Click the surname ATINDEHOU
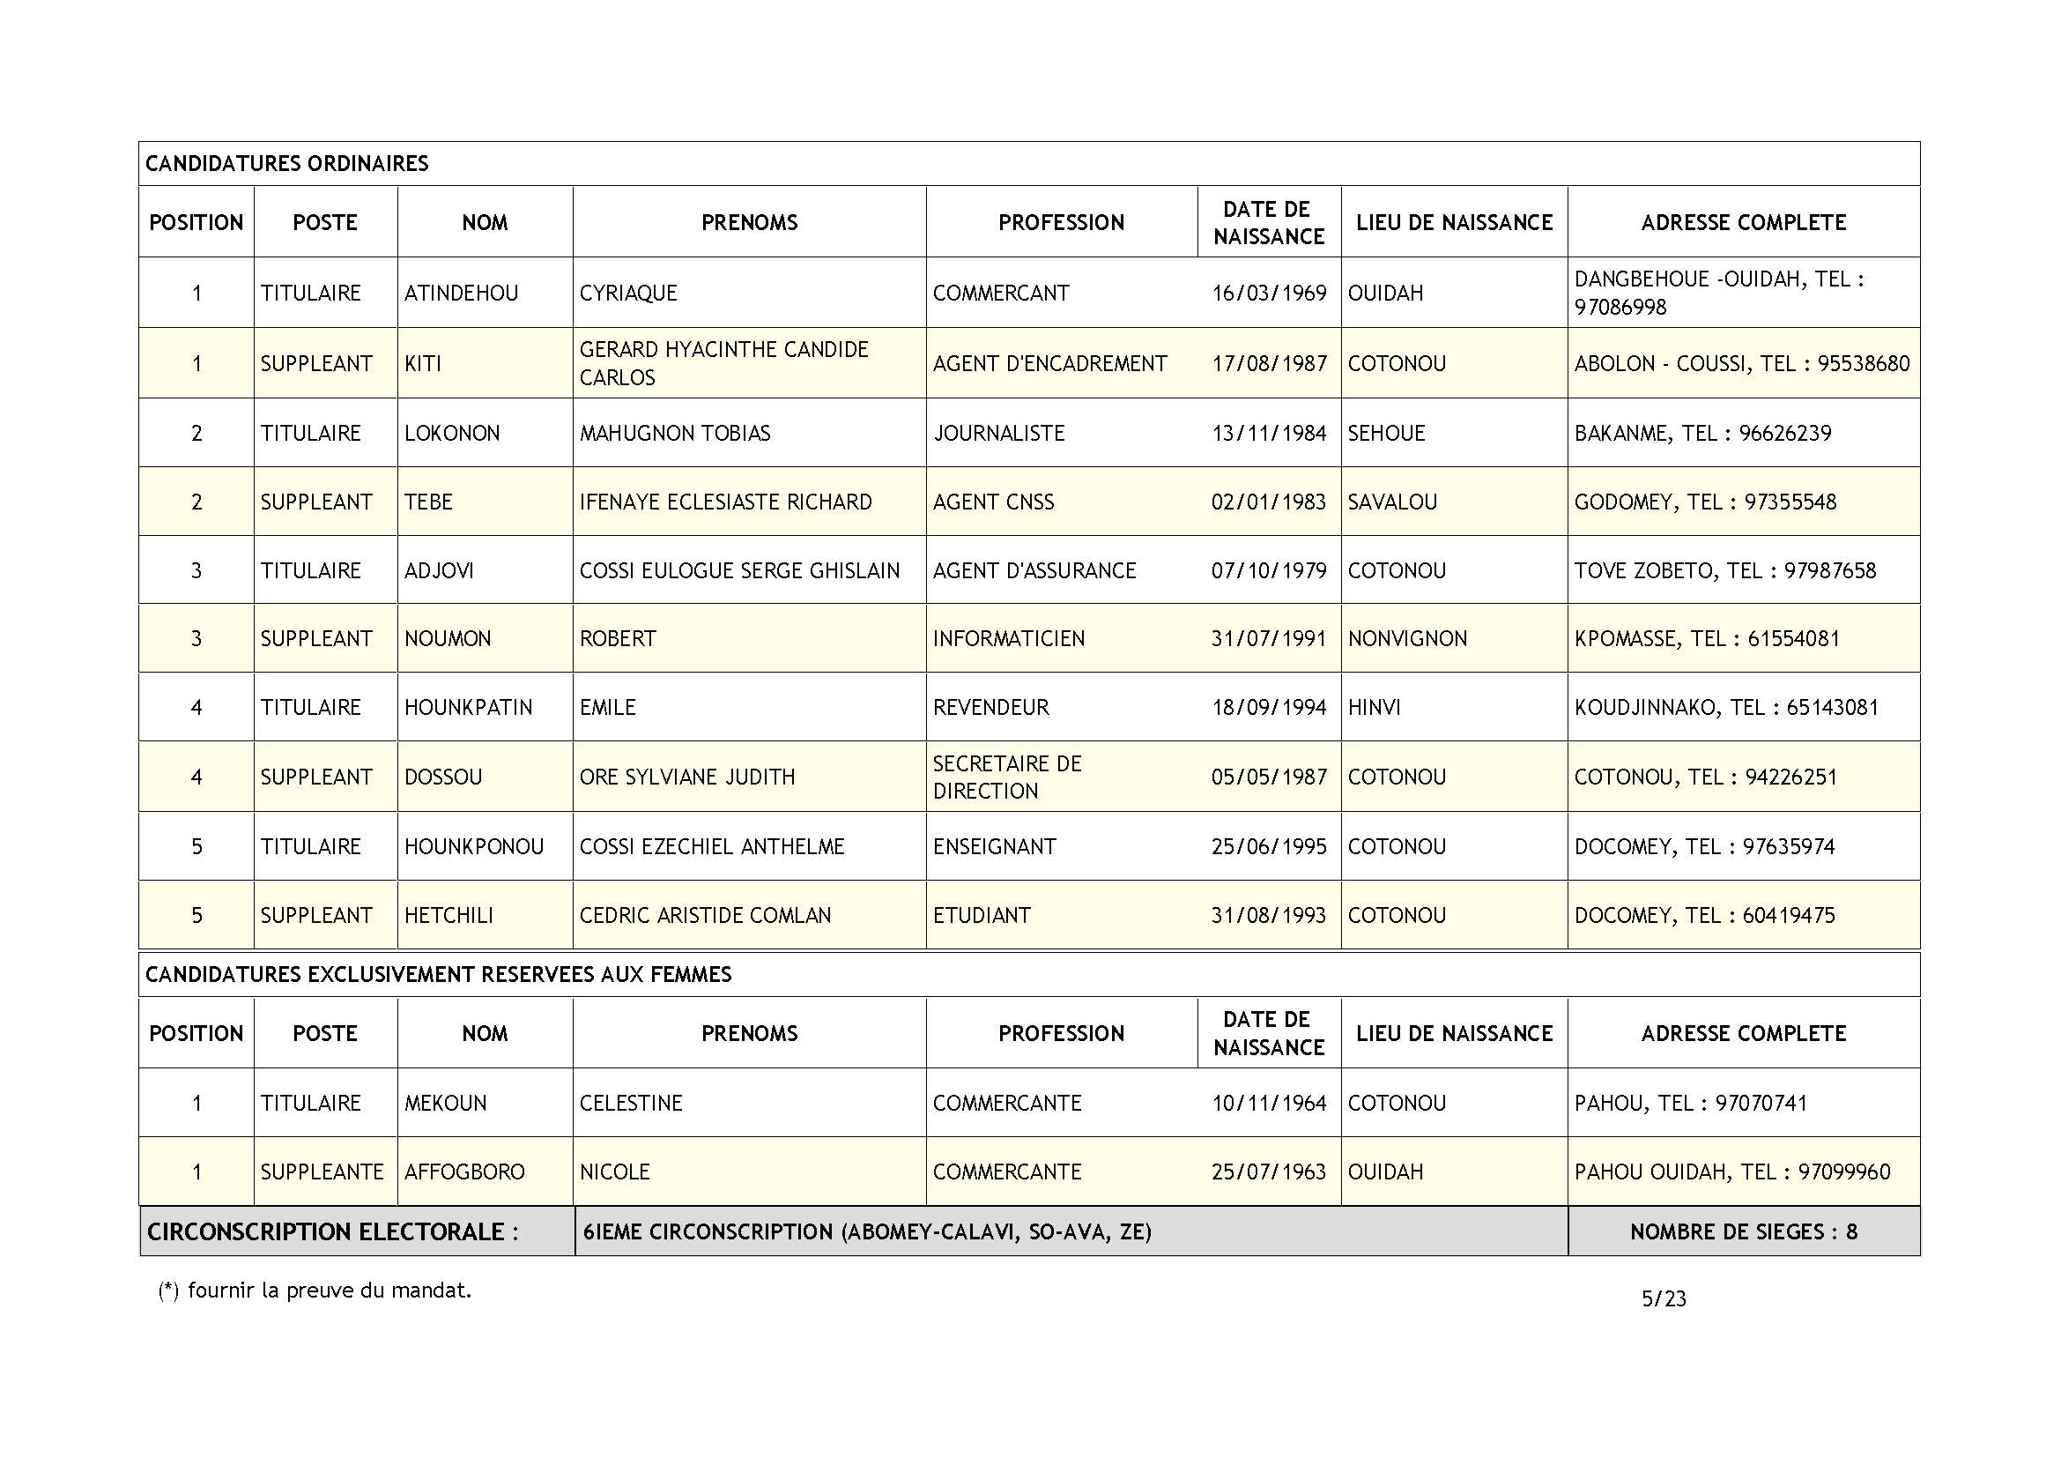462,294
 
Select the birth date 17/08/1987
1268,363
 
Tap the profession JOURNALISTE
998,434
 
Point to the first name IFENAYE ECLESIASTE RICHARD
725,502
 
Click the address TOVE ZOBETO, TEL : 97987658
1724,571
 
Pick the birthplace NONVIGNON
1406,639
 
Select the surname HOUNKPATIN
468,708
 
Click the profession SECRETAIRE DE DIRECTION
1007,777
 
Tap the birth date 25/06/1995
1268,846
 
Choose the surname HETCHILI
449,916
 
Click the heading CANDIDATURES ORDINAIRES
287,163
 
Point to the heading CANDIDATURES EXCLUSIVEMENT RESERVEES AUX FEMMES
438,975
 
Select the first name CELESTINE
630,1104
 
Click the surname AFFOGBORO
464,1172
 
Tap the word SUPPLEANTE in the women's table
322,1172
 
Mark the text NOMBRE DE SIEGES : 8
1743,1231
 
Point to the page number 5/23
1664,1299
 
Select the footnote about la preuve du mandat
315,1291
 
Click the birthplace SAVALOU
1391,502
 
